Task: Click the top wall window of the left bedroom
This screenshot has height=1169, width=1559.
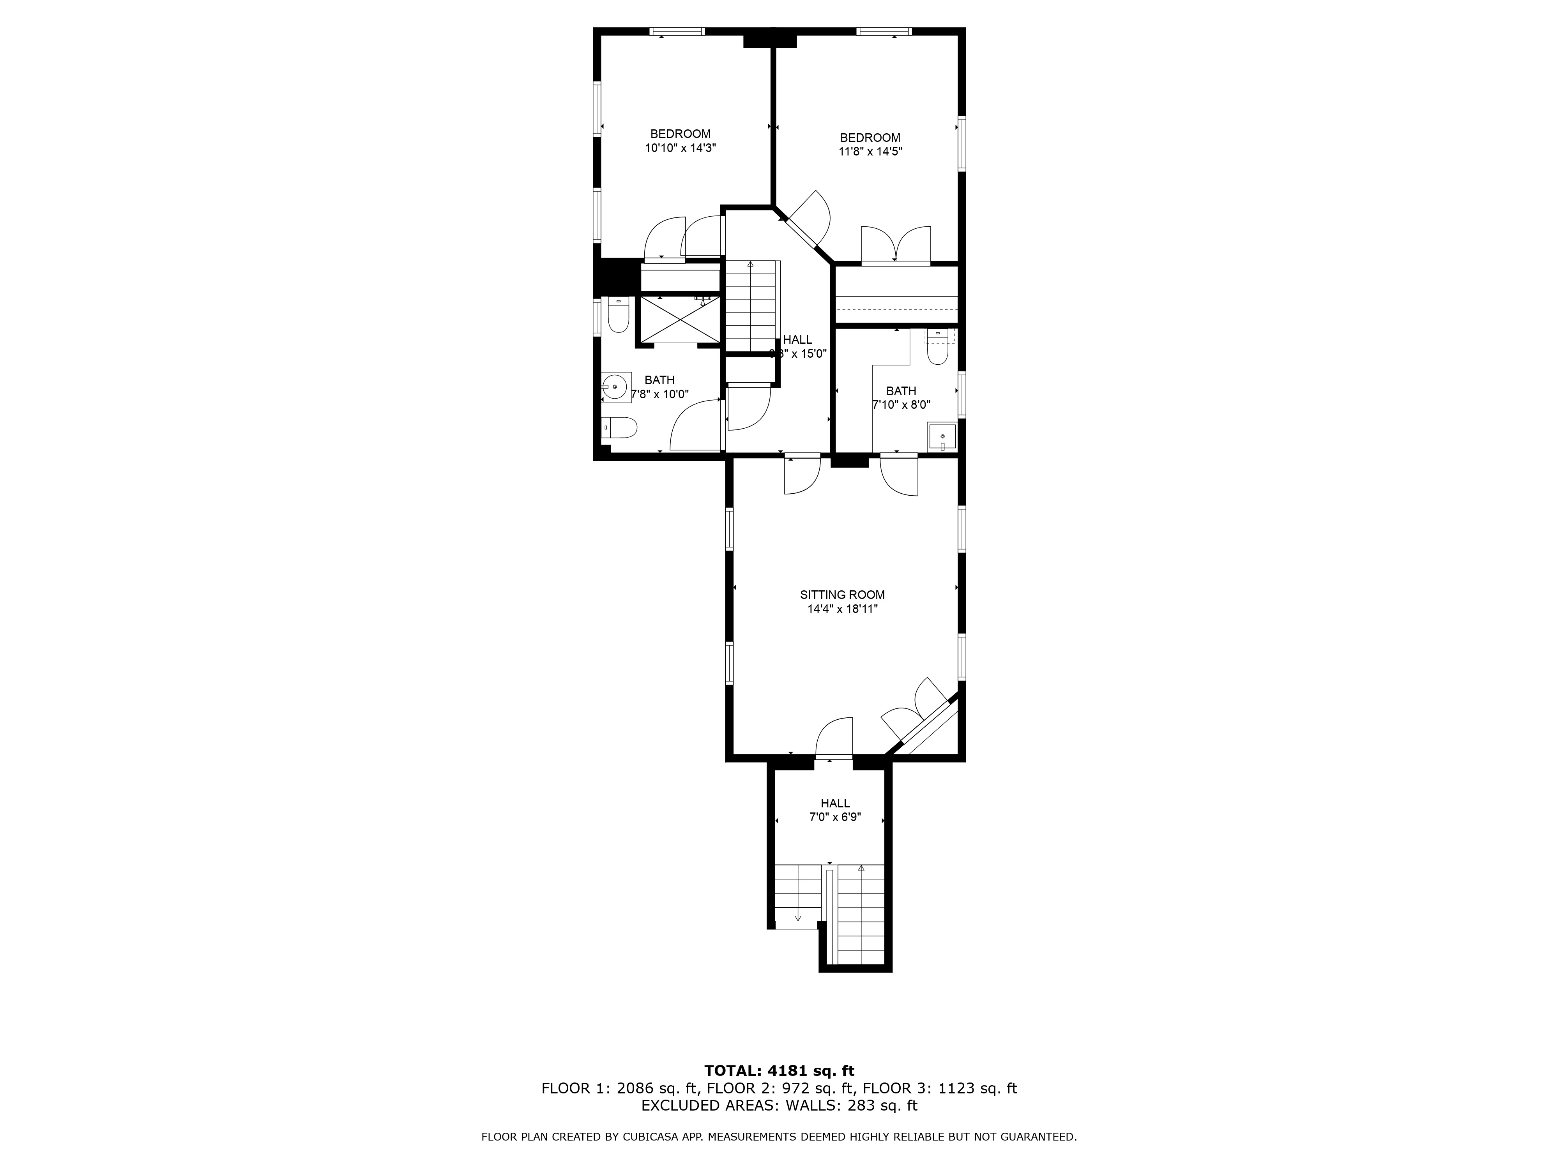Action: tap(677, 31)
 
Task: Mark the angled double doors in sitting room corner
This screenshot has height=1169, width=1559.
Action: tap(916, 712)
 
